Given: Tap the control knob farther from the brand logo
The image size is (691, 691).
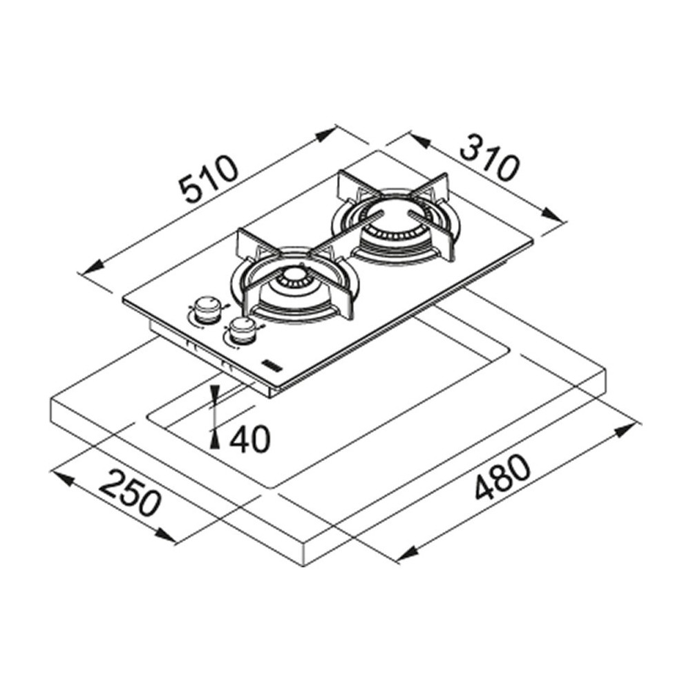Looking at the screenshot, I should coord(204,309).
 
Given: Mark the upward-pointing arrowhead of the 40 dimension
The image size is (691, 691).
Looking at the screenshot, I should coord(216,436).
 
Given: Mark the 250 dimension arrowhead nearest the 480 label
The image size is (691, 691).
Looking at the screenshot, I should coord(166,536).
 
